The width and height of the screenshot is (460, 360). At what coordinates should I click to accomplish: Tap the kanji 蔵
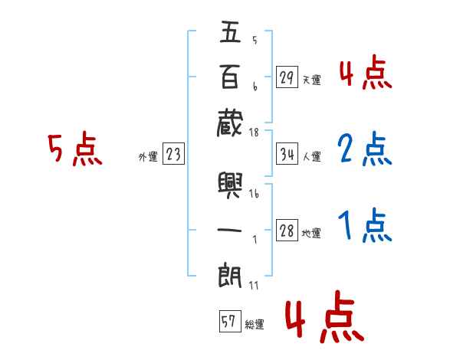click(230, 121)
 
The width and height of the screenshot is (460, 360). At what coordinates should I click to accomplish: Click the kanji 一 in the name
click(230, 230)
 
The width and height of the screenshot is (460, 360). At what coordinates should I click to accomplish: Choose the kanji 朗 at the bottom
click(230, 274)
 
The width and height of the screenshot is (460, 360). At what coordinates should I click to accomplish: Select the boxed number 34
click(287, 154)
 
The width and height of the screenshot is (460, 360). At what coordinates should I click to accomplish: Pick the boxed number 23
click(173, 154)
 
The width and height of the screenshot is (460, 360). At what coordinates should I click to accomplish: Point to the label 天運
click(311, 80)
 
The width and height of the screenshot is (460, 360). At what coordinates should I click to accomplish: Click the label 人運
click(311, 156)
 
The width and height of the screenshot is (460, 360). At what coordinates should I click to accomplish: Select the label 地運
click(311, 233)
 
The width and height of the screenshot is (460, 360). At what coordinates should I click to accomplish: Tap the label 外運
click(148, 156)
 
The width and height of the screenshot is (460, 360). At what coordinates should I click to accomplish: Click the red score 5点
click(74, 149)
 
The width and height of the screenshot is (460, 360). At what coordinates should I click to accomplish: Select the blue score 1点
click(364, 225)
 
